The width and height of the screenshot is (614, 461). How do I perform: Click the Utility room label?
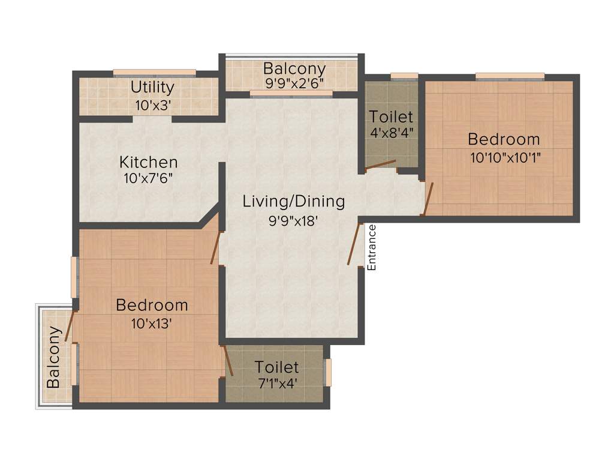(x=152, y=87)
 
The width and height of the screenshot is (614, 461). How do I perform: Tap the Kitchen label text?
(x=148, y=162)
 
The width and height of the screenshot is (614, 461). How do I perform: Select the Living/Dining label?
(x=294, y=201)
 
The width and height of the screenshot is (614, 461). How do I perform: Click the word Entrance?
(x=371, y=247)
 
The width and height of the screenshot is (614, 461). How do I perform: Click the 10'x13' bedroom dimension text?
(x=152, y=323)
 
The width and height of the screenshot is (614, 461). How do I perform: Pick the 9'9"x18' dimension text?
(x=293, y=220)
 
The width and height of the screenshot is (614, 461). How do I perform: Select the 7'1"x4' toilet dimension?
(x=276, y=384)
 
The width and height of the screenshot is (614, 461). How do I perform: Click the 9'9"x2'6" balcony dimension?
(x=294, y=83)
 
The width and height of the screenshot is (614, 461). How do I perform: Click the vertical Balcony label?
(x=54, y=357)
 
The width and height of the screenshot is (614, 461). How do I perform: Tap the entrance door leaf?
(x=354, y=244)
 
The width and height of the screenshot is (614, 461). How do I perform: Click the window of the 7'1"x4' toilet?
(x=327, y=372)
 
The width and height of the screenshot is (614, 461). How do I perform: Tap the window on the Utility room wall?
(x=155, y=73)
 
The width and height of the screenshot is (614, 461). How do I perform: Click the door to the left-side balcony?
(x=69, y=327)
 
